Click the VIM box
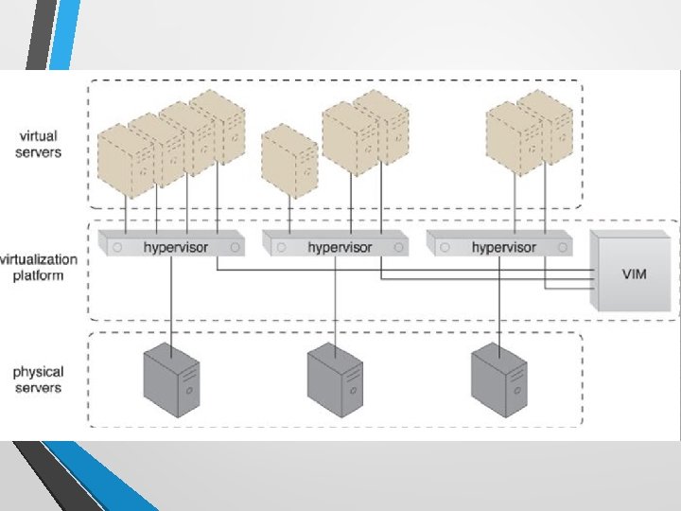[x=633, y=273]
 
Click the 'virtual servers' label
[x=39, y=145]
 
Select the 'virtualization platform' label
[x=39, y=267]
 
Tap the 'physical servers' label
[x=38, y=380]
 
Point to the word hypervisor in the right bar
[x=503, y=247]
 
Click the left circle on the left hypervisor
[x=117, y=247]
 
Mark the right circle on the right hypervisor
[x=564, y=247]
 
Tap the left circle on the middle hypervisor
[x=280, y=247]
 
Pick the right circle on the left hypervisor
[x=235, y=247]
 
